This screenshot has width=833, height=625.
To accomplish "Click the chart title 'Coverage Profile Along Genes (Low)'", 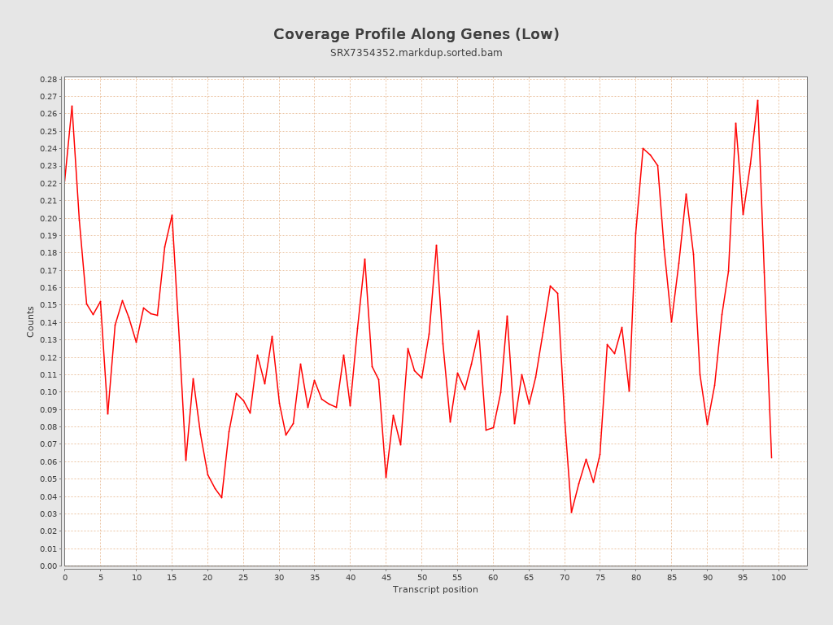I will pos(416,34).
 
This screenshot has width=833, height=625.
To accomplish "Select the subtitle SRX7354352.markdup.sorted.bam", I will pos(416,53).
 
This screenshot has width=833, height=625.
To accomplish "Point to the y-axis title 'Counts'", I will pos(31,321).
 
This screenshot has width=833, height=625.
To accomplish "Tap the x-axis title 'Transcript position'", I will pos(435,589).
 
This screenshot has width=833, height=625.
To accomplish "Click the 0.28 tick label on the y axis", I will pos(48,80).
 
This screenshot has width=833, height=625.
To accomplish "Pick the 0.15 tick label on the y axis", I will pos(48,305).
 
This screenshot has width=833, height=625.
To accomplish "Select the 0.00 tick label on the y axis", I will pos(48,566).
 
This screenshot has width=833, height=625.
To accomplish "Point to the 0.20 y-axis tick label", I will pos(48,218).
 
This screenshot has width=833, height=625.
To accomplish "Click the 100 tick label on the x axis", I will pos(778,577).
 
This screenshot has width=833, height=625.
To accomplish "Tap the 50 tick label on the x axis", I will pos(421,577).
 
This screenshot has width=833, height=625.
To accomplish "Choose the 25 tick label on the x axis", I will pos(243,577).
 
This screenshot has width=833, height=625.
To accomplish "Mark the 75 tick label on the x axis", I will pos(600,577).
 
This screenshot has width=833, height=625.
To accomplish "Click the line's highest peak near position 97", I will pos(757,100).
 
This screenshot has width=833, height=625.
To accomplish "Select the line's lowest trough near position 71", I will pos(571,513).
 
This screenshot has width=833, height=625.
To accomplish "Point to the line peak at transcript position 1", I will pos(72,105).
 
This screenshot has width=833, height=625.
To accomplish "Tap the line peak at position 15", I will pos(172,215).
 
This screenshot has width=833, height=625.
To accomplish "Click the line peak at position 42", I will pos(364,259).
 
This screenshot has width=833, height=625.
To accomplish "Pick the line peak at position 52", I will pos(436,245).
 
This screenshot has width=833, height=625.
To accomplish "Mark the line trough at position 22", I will pos(221,498).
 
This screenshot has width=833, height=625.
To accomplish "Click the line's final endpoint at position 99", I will pos(771,458).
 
